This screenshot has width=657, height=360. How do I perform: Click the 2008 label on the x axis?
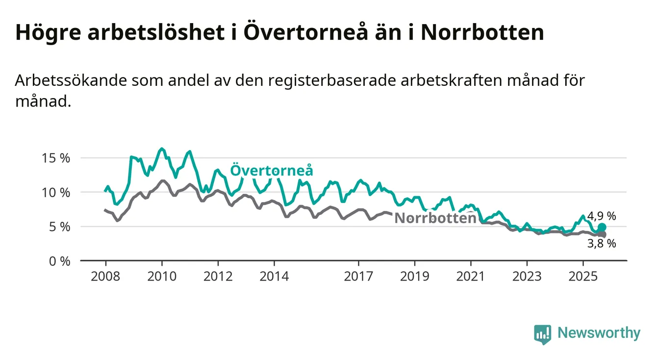point(105,276)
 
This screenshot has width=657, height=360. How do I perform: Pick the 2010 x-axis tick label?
point(162,276)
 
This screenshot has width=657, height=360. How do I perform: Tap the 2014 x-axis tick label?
point(275,276)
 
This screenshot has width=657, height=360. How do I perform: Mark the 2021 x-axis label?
point(471,276)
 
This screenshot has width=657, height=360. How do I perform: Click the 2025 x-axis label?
point(583,276)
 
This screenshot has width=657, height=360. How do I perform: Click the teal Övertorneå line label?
point(272,171)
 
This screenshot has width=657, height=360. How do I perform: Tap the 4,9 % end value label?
point(601,216)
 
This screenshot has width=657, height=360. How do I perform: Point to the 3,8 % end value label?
point(602,243)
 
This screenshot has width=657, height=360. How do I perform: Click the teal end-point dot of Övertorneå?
point(602,227)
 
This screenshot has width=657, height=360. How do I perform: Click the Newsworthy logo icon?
point(542,334)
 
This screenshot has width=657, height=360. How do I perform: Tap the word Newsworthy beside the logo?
point(599,334)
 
